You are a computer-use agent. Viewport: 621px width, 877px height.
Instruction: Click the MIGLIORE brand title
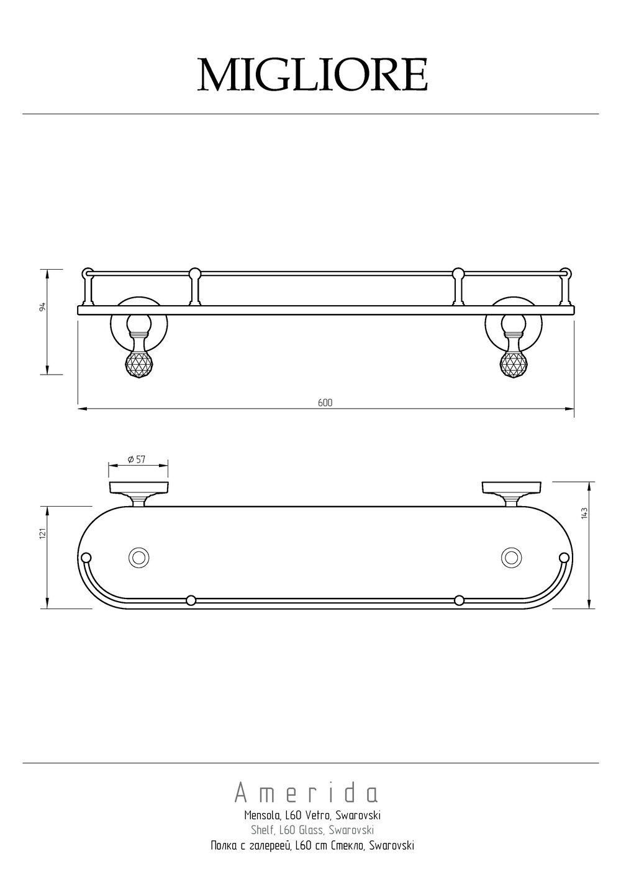click(x=312, y=75)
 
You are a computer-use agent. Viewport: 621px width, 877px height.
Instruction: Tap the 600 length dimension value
click(x=325, y=403)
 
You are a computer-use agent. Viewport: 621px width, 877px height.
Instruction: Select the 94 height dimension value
click(x=43, y=306)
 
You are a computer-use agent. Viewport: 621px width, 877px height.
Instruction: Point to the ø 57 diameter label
click(x=137, y=459)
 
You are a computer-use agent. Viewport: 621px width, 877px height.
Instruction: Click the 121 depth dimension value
click(x=43, y=533)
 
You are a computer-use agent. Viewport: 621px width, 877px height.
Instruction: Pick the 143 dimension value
click(x=584, y=513)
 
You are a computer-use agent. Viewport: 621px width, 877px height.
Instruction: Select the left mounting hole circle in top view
click(x=138, y=556)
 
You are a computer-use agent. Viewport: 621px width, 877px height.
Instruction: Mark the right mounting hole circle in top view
click(x=512, y=556)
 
